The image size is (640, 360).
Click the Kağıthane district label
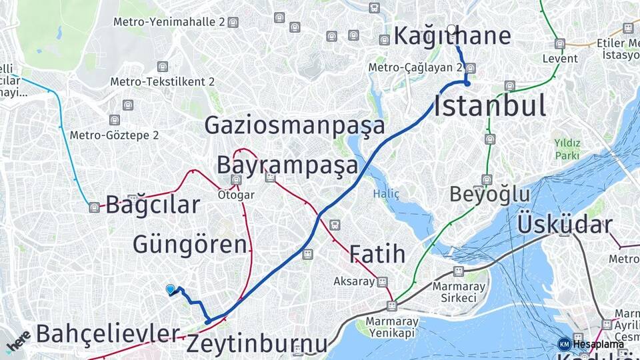pyautogui.click(x=452, y=36)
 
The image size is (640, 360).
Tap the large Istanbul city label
pyautogui.click(x=490, y=106)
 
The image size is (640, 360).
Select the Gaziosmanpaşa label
pyautogui.click(x=295, y=125)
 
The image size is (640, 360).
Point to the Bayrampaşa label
pyautogui.click(x=287, y=165)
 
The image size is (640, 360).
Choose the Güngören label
pyautogui.click(x=190, y=244)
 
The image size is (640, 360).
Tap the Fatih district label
pyautogui.click(x=377, y=253)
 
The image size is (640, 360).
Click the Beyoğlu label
pyautogui.click(x=489, y=195)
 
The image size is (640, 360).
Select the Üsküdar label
pyautogui.click(x=565, y=225)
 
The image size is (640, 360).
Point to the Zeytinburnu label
pyautogui.click(x=257, y=344)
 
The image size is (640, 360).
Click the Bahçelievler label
pyautogui.click(x=108, y=333)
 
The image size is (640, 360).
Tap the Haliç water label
pyautogui.click(x=386, y=194)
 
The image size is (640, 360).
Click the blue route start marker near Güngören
pyautogui.click(x=171, y=289)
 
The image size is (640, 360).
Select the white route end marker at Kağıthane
pyautogui.click(x=452, y=29)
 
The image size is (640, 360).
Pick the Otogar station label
pyautogui.click(x=236, y=195)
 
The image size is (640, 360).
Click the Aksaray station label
pyautogui.click(x=354, y=281)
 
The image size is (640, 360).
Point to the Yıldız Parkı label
pyautogui.click(x=567, y=149)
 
